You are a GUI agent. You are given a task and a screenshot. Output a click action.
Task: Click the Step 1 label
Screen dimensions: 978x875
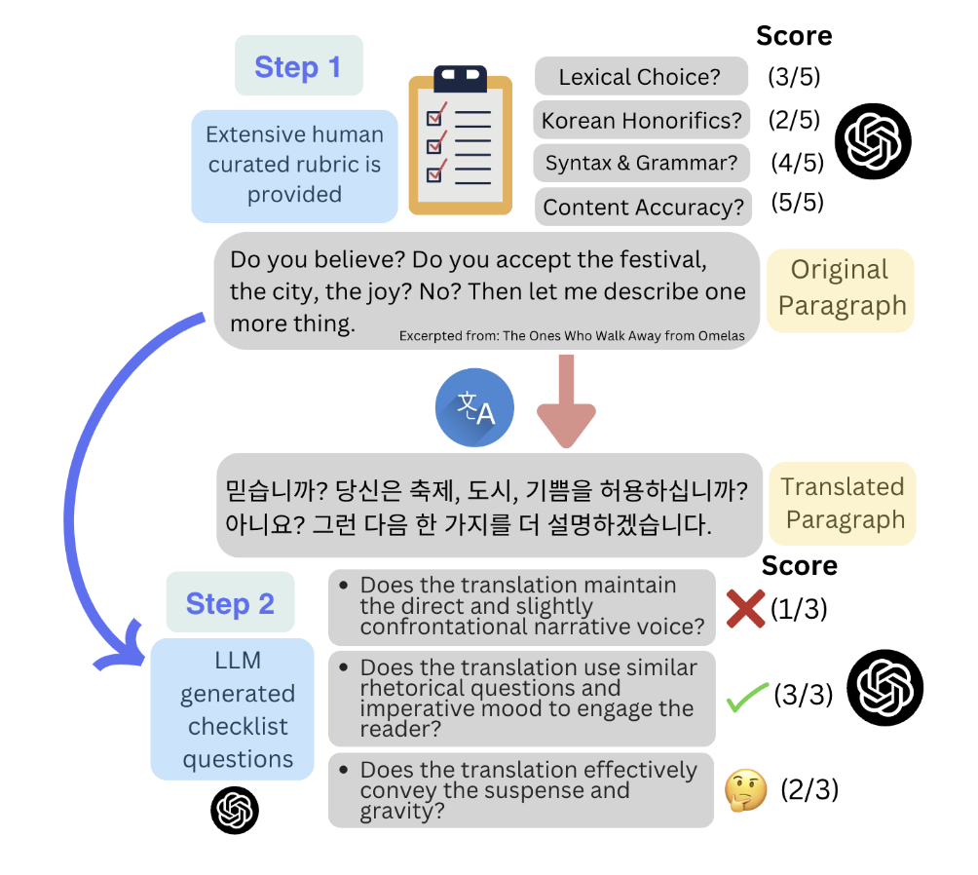(299, 65)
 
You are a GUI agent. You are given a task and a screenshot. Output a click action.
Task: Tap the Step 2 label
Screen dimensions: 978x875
(230, 602)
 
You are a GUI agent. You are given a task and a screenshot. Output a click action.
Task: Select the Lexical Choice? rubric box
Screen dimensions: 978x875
(641, 76)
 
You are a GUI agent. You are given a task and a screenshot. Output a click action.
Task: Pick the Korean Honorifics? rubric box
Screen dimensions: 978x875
(641, 120)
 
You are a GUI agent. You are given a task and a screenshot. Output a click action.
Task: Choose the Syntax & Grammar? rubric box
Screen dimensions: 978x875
(642, 163)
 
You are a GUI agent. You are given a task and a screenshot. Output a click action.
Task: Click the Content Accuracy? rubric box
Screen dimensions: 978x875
(643, 207)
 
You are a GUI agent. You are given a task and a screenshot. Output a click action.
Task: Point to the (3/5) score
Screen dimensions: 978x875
(794, 77)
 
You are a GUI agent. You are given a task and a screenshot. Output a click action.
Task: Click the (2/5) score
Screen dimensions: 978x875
(794, 120)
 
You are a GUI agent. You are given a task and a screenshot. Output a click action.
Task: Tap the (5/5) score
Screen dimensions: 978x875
(797, 203)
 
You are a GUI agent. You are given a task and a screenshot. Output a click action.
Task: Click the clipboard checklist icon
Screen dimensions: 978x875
(461, 139)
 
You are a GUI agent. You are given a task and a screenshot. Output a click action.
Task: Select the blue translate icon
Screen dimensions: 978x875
(474, 407)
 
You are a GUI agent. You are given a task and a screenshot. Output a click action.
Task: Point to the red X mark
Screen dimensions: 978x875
(745, 609)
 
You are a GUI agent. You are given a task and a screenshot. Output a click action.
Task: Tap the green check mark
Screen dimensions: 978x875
(747, 697)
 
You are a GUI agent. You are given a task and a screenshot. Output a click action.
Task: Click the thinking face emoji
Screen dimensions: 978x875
(746, 790)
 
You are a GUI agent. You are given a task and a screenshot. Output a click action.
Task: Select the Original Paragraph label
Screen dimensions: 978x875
(841, 290)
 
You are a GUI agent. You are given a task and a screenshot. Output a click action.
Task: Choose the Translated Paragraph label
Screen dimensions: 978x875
(843, 504)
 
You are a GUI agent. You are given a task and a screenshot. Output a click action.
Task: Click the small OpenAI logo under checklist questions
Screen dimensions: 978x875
(235, 810)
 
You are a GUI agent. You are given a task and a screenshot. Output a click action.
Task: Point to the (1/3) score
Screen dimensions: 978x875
(799, 609)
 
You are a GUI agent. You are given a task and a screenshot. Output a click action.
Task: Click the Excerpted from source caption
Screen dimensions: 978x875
(572, 336)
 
